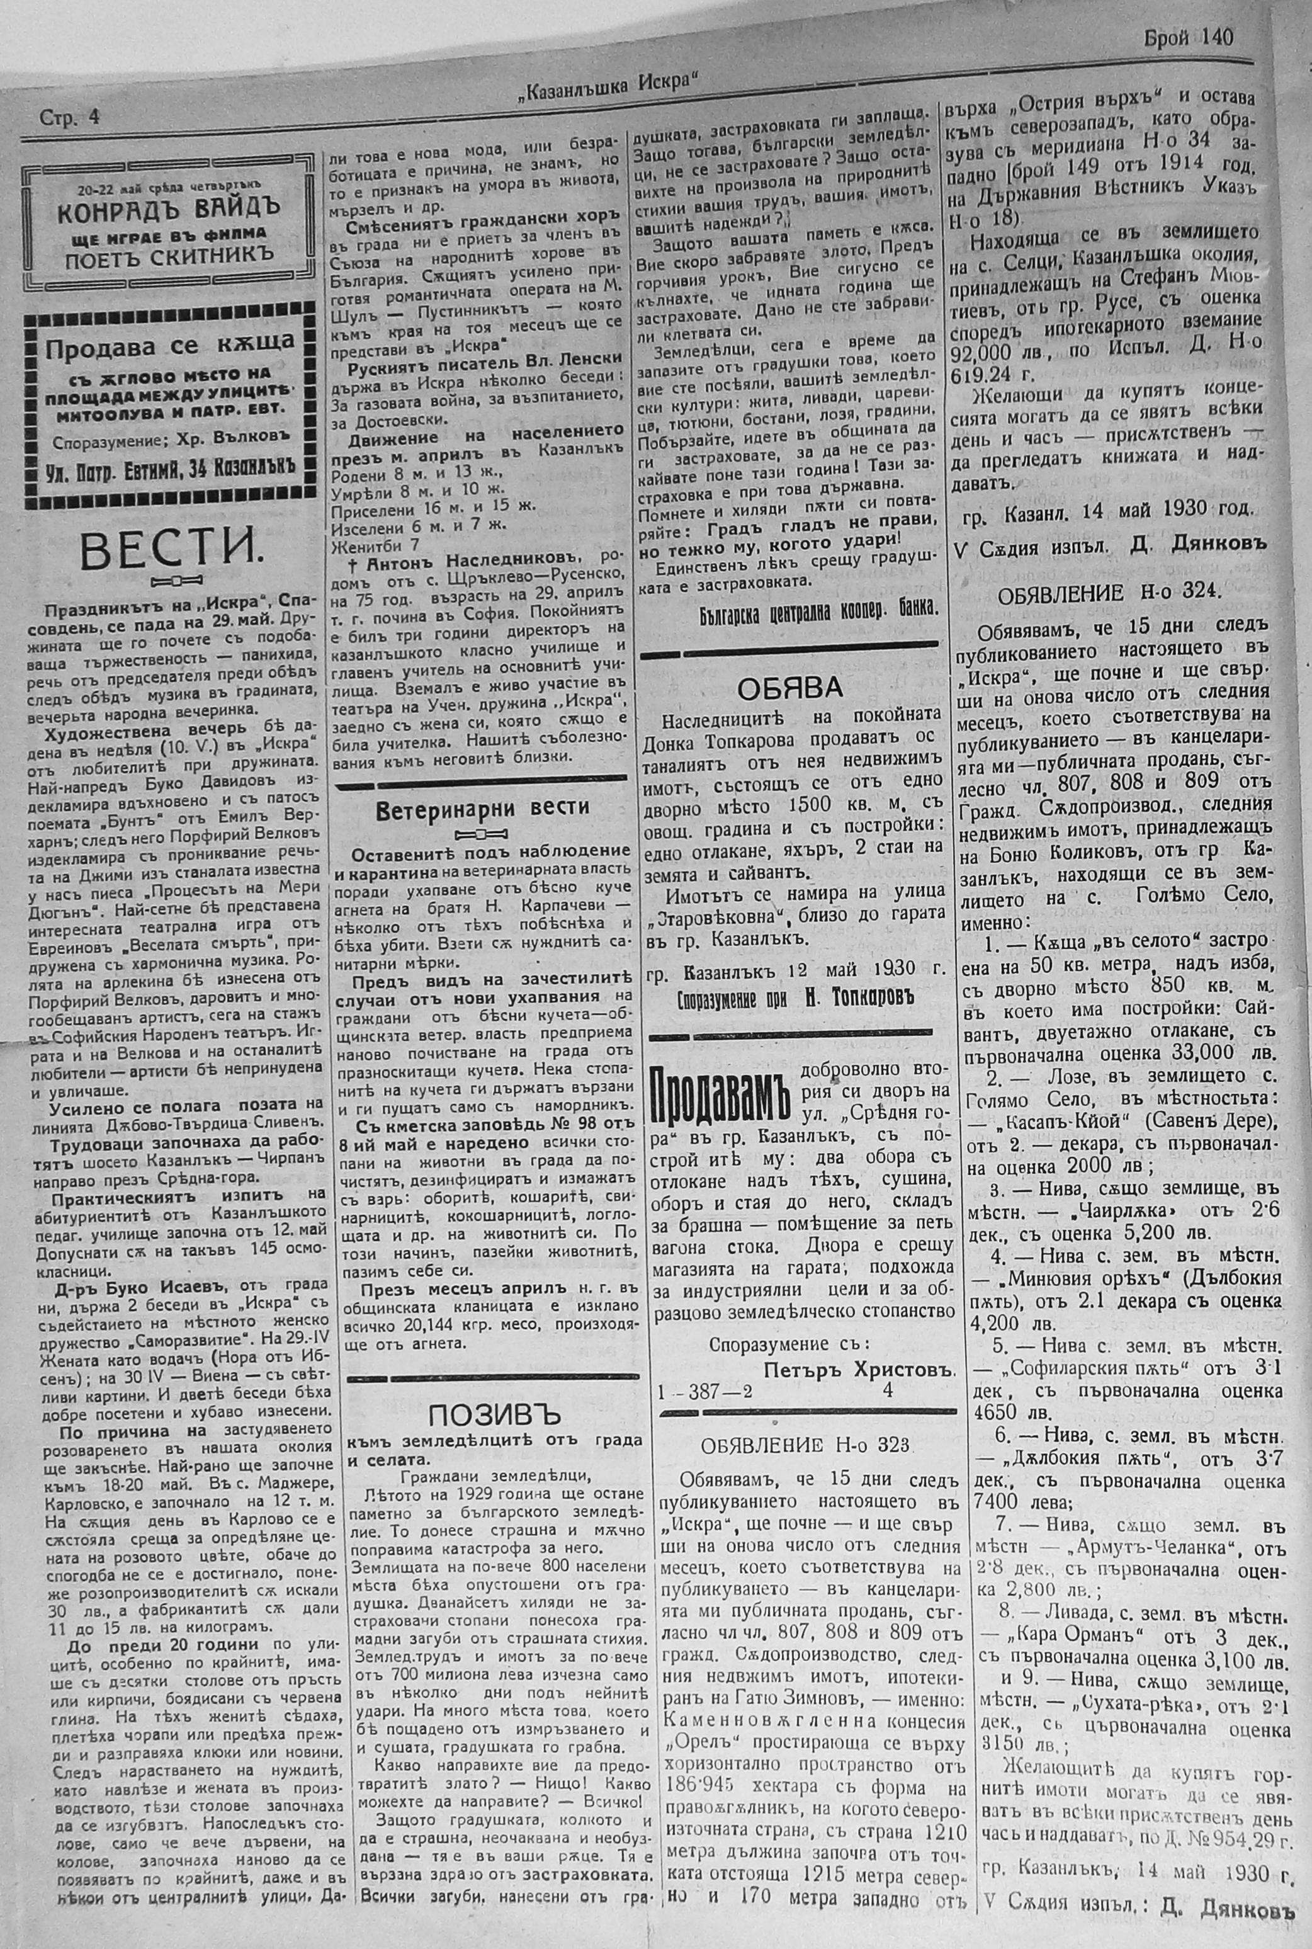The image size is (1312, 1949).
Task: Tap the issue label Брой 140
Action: tap(1187, 37)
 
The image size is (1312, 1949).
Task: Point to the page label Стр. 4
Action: tap(69, 118)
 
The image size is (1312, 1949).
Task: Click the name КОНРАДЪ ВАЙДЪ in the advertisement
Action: tap(168, 208)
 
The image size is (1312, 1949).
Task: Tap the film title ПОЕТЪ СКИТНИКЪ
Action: tap(167, 260)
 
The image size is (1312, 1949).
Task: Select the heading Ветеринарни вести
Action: tap(482, 809)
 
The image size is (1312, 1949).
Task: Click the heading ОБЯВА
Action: tap(789, 687)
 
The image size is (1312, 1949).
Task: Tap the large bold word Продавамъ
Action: tap(721, 1096)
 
